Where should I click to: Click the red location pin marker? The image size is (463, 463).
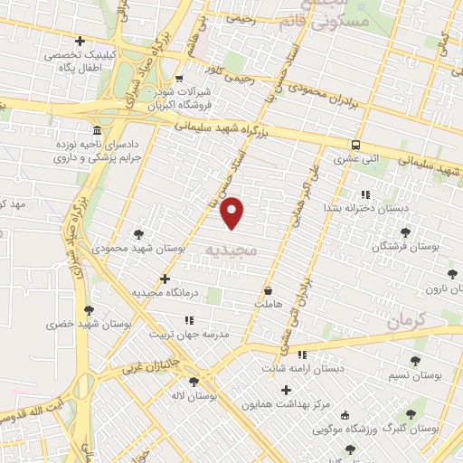[233, 212]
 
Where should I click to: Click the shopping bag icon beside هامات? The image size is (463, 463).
[269, 291]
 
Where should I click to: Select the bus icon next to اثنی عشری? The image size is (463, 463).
[355, 144]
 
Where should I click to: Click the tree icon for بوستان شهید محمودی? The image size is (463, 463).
[137, 233]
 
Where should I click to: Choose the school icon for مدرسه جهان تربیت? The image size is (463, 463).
[189, 320]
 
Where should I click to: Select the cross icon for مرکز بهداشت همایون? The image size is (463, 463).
[287, 391]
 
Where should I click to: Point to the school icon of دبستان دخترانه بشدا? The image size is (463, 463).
[364, 194]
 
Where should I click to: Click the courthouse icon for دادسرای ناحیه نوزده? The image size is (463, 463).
[97, 132]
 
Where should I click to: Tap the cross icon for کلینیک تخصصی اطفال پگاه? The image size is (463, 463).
[80, 42]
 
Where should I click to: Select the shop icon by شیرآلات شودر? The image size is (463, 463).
[179, 78]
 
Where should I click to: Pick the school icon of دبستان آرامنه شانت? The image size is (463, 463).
[301, 354]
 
